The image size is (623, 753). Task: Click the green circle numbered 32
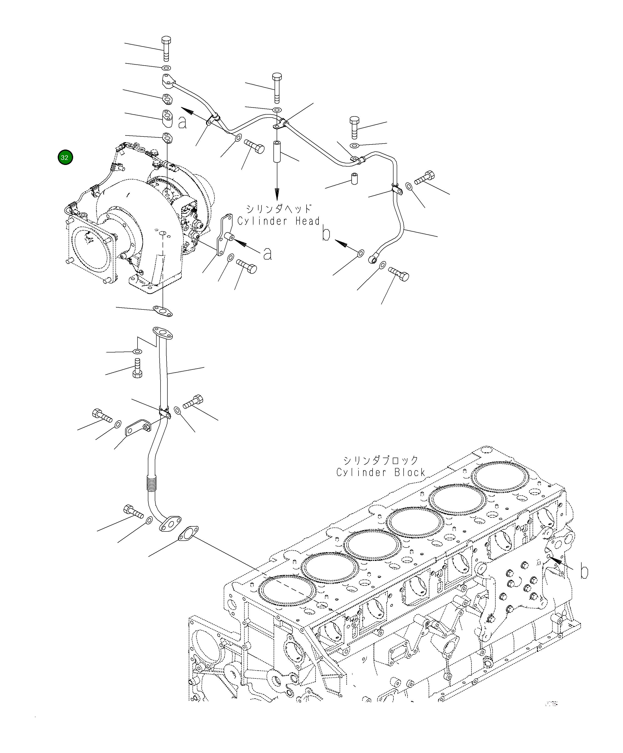pos(65,157)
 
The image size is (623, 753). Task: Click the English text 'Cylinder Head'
pos(278,221)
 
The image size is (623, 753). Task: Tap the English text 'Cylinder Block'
pos(380,472)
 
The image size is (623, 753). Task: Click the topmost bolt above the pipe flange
pos(166,48)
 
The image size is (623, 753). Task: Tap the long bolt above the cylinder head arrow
pos(277,87)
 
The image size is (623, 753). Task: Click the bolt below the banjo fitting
pos(399,275)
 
